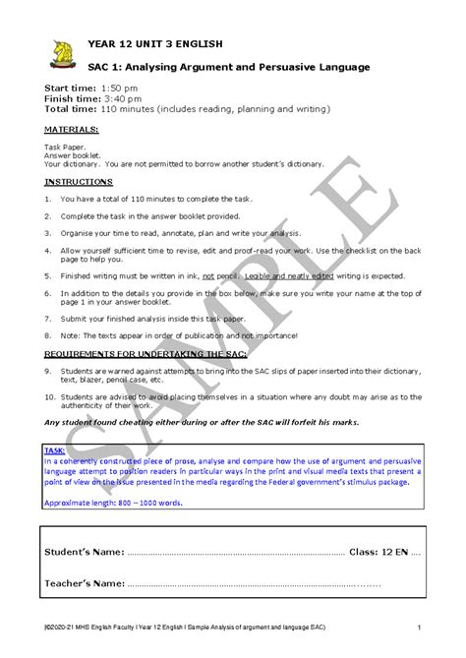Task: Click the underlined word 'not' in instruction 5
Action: [x=208, y=276]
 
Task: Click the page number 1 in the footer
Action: [x=419, y=628]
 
